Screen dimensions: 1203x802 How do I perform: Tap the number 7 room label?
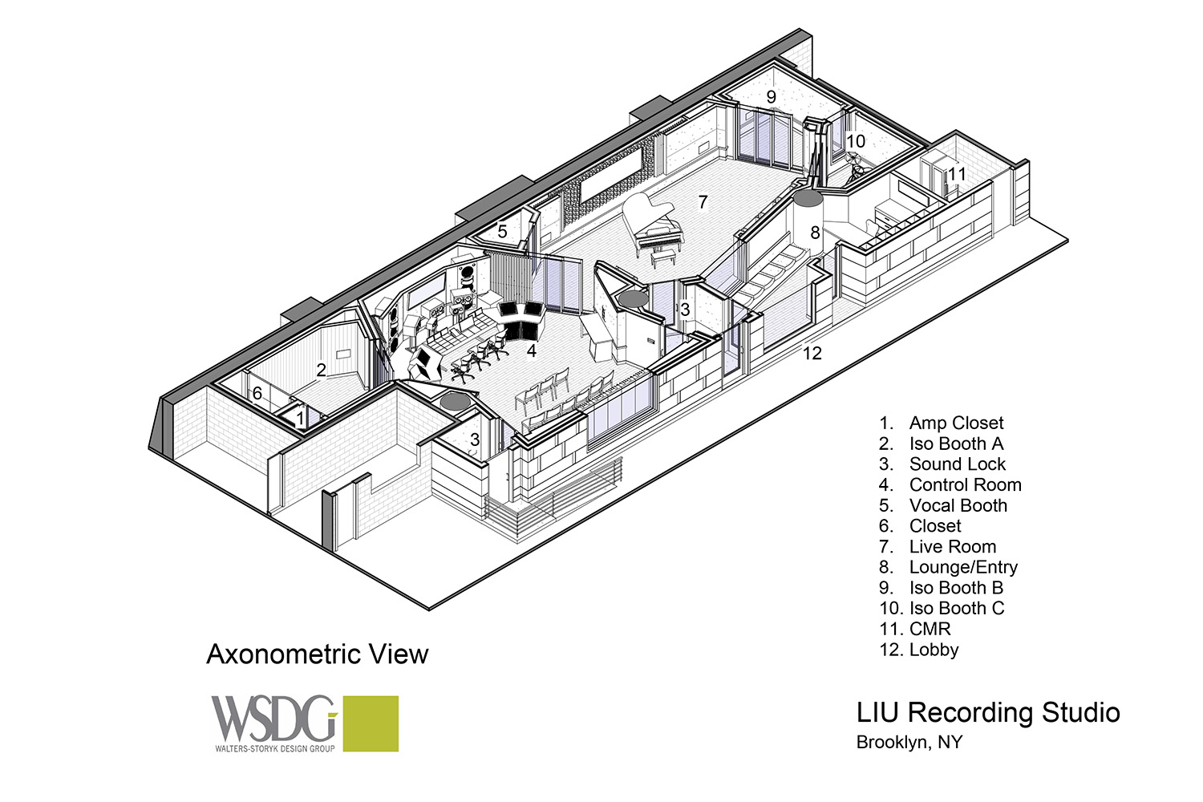click(x=703, y=203)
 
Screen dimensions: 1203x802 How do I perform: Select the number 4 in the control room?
click(x=531, y=350)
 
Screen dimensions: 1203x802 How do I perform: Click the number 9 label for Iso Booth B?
click(x=772, y=97)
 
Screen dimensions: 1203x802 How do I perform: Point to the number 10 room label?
click(x=856, y=141)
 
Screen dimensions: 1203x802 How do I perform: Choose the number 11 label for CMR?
click(x=957, y=174)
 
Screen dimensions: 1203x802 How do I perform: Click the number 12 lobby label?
click(x=812, y=353)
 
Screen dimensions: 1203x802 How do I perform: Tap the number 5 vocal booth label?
click(x=502, y=232)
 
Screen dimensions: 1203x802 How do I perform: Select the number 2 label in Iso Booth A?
click(x=321, y=370)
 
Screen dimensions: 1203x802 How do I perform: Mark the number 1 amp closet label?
click(x=301, y=417)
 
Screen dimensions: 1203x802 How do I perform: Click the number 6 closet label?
click(x=257, y=394)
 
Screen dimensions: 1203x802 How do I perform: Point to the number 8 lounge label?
click(x=816, y=233)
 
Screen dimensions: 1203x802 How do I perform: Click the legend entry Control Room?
click(x=965, y=484)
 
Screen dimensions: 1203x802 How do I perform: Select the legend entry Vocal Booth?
click(x=958, y=505)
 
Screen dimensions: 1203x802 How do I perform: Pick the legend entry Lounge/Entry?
click(x=963, y=567)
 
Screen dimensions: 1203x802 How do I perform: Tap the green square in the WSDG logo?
click(x=371, y=723)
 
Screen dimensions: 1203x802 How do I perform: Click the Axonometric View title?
click(x=318, y=654)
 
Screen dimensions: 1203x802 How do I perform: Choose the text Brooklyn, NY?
click(x=909, y=742)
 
